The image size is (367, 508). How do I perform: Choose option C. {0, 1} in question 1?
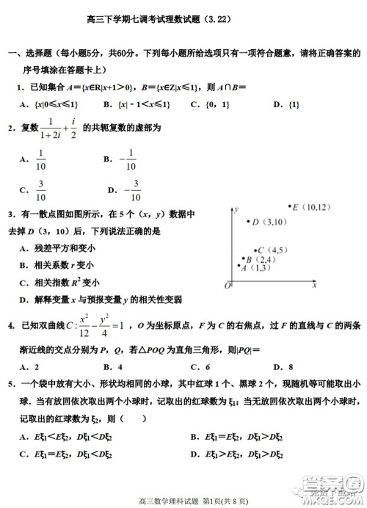(206, 104)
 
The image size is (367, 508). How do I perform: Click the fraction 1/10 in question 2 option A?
(41, 159)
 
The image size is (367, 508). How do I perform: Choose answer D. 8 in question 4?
(283, 366)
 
